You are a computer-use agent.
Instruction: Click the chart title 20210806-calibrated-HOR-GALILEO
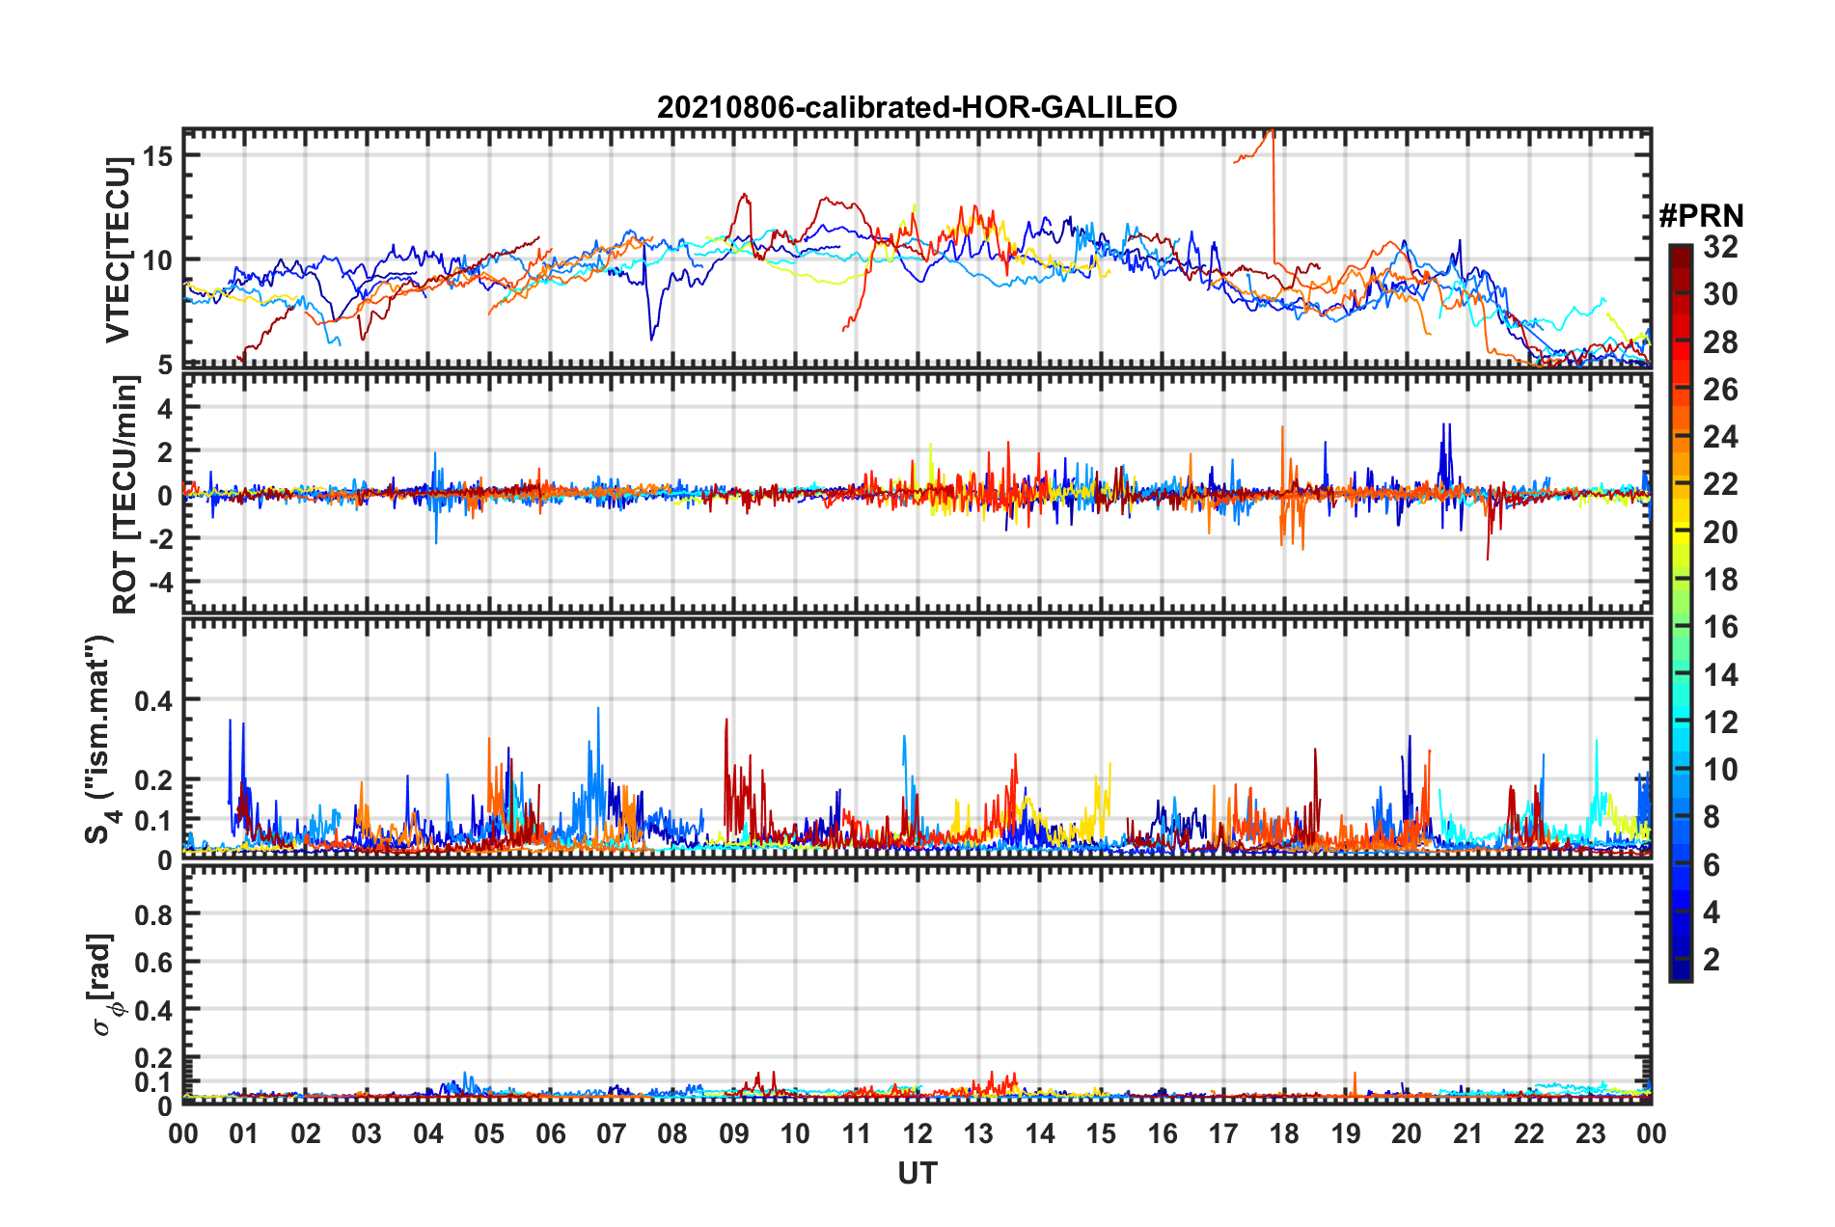(917, 107)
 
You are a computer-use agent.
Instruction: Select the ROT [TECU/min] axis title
(125, 495)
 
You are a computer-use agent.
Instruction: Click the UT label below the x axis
(917, 1174)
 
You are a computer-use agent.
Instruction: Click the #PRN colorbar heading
(1701, 215)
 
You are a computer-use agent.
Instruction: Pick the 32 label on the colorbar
(1720, 247)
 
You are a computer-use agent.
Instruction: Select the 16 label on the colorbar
(1720, 627)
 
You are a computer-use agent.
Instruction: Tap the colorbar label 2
(1712, 960)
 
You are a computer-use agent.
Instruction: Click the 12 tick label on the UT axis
(917, 1133)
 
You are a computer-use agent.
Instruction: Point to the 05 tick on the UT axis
(489, 1133)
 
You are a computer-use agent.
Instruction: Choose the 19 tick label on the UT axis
(1346, 1133)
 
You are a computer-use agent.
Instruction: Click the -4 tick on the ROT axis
(160, 583)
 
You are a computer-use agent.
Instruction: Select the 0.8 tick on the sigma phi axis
(153, 914)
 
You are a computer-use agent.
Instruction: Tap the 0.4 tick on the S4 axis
(153, 700)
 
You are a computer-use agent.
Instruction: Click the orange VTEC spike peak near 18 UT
(1274, 131)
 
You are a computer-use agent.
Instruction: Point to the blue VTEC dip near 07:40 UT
(651, 339)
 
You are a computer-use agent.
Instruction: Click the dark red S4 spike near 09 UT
(726, 720)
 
